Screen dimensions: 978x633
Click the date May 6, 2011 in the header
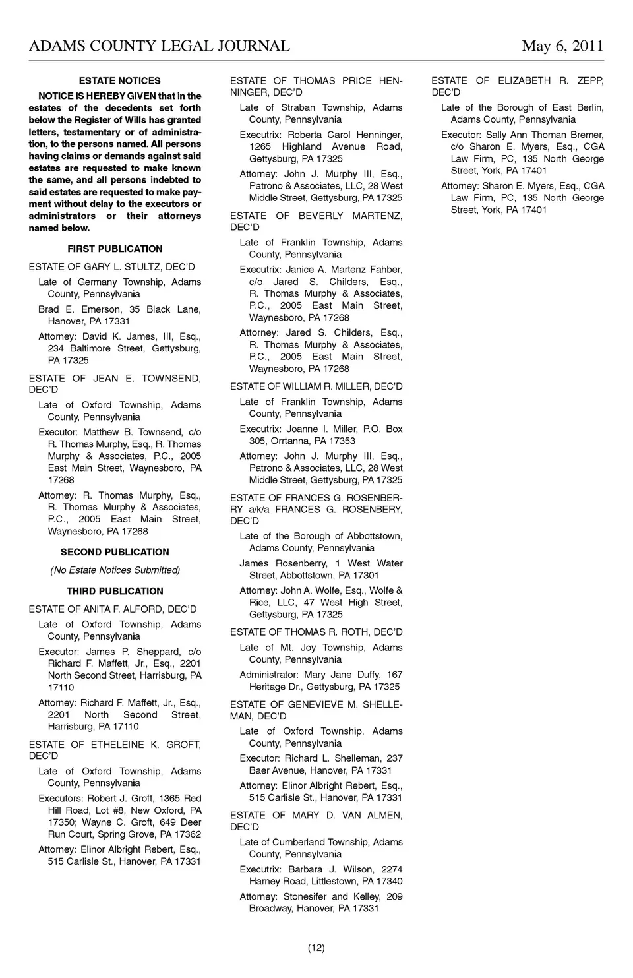[562, 46]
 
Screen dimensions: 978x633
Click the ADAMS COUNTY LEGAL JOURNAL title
[159, 46]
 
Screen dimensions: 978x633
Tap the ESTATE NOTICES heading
[119, 81]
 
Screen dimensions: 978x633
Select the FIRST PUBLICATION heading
[115, 249]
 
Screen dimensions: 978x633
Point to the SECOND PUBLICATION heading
[115, 552]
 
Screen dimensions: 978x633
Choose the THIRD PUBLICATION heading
[115, 591]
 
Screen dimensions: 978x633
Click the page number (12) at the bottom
[316, 948]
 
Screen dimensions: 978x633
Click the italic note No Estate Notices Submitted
[115, 570]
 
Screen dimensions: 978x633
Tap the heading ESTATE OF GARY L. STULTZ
[112, 267]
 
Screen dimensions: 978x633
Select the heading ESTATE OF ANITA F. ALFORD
[113, 609]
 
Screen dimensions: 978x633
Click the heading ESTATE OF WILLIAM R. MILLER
[316, 386]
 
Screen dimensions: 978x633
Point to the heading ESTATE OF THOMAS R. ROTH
[316, 632]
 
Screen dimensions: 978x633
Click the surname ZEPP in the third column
[590, 80]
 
